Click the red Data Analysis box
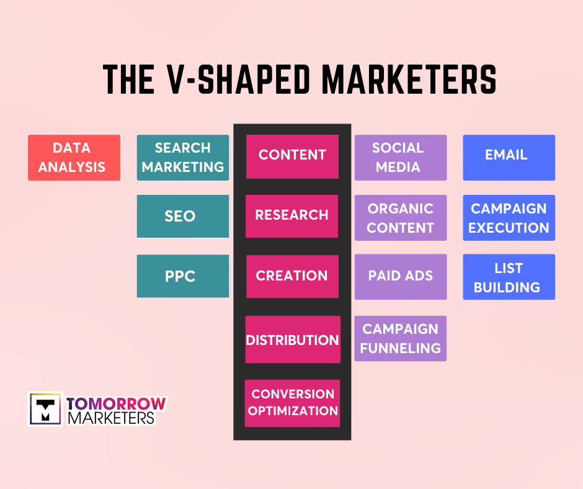74,158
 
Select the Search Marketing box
183,158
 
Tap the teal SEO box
183,216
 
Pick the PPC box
183,276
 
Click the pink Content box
292,156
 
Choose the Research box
292,216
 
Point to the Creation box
292,277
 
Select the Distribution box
293,339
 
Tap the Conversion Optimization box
292,403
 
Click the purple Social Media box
401,158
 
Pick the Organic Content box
401,218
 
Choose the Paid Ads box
401,277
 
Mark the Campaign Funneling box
401,339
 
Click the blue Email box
509,158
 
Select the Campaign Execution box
509,218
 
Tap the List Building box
509,277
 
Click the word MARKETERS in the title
409,79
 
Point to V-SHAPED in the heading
238,79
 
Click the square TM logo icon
45,408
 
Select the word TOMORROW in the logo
117,404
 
